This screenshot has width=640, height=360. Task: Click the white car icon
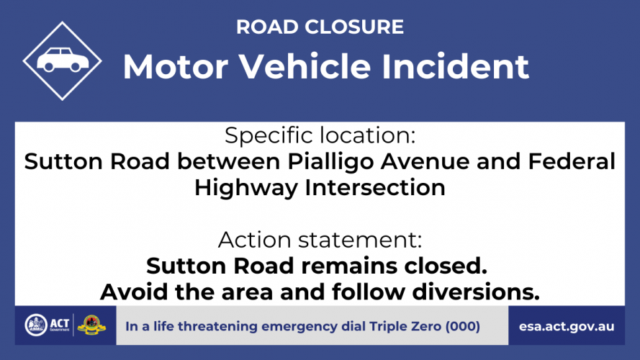[63, 60]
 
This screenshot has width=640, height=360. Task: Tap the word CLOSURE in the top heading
[354, 27]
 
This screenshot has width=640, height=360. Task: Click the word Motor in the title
[176, 66]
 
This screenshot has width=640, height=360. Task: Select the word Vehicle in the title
[305, 66]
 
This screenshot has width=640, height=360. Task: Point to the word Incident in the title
[455, 66]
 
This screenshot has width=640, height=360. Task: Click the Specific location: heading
[320, 135]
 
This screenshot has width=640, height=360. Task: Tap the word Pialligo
[330, 161]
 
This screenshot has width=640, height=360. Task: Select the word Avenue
[425, 161]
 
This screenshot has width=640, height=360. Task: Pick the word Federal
[572, 161]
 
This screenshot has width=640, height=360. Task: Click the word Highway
[245, 188]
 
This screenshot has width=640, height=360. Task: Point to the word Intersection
[375, 188]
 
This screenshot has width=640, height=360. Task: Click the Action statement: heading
[320, 240]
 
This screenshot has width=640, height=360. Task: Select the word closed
[446, 266]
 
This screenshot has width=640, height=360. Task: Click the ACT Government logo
[48, 325]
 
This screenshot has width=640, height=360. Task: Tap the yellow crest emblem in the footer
[91, 325]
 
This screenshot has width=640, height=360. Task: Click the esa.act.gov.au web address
[567, 327]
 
